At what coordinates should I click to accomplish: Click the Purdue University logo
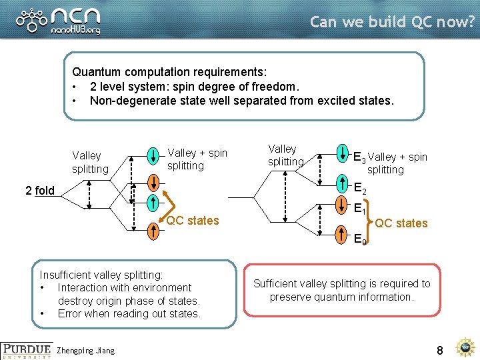coord(26,350)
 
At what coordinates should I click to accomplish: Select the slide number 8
coord(440,349)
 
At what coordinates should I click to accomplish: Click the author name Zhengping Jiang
coord(87,351)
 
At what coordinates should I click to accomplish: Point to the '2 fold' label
coord(40,191)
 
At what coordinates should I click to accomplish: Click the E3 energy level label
coord(359,157)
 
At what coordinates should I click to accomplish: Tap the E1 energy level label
coord(359,208)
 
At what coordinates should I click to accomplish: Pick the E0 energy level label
coord(359,238)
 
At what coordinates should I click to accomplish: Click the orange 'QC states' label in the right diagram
coord(401,223)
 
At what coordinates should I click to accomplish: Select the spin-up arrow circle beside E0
coord(342,230)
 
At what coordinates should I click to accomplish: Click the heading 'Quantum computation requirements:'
coord(169,71)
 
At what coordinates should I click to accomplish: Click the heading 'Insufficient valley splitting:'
coord(101,275)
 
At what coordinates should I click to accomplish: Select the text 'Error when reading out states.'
coord(129,313)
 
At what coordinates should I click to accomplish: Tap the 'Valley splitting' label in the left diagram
coord(90,162)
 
